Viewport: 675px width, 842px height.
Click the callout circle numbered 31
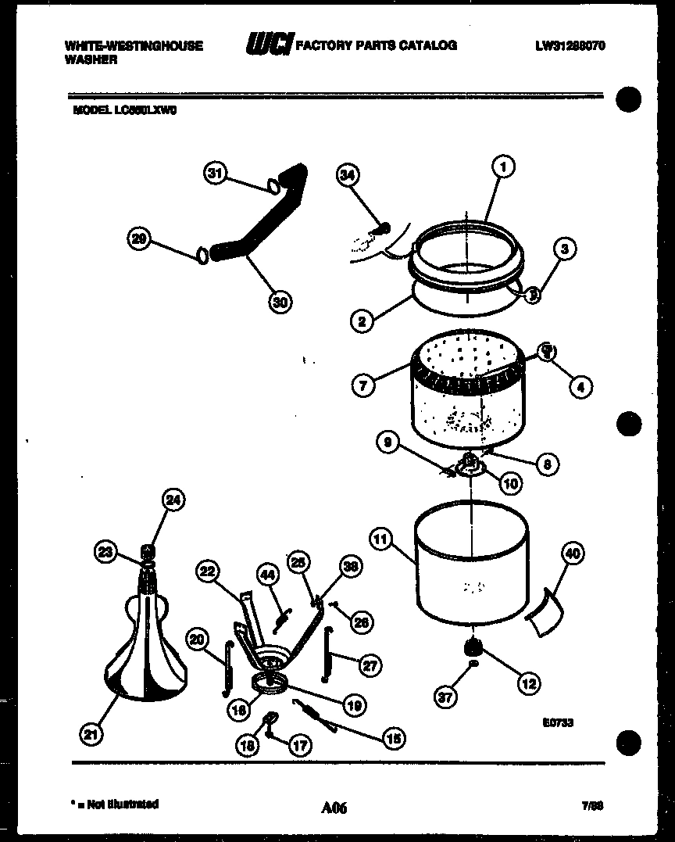[x=216, y=174]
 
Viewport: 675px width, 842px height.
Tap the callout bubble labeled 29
[x=140, y=240]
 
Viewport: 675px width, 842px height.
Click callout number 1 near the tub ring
[x=505, y=167]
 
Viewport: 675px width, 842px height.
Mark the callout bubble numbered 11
[x=380, y=539]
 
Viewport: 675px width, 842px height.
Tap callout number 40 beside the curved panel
[x=573, y=554]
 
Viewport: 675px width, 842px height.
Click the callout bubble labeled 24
[x=173, y=500]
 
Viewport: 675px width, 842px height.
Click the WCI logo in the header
[x=267, y=46]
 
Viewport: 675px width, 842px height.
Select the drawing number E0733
[x=557, y=723]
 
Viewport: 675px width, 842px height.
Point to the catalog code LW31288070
[x=570, y=45]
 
